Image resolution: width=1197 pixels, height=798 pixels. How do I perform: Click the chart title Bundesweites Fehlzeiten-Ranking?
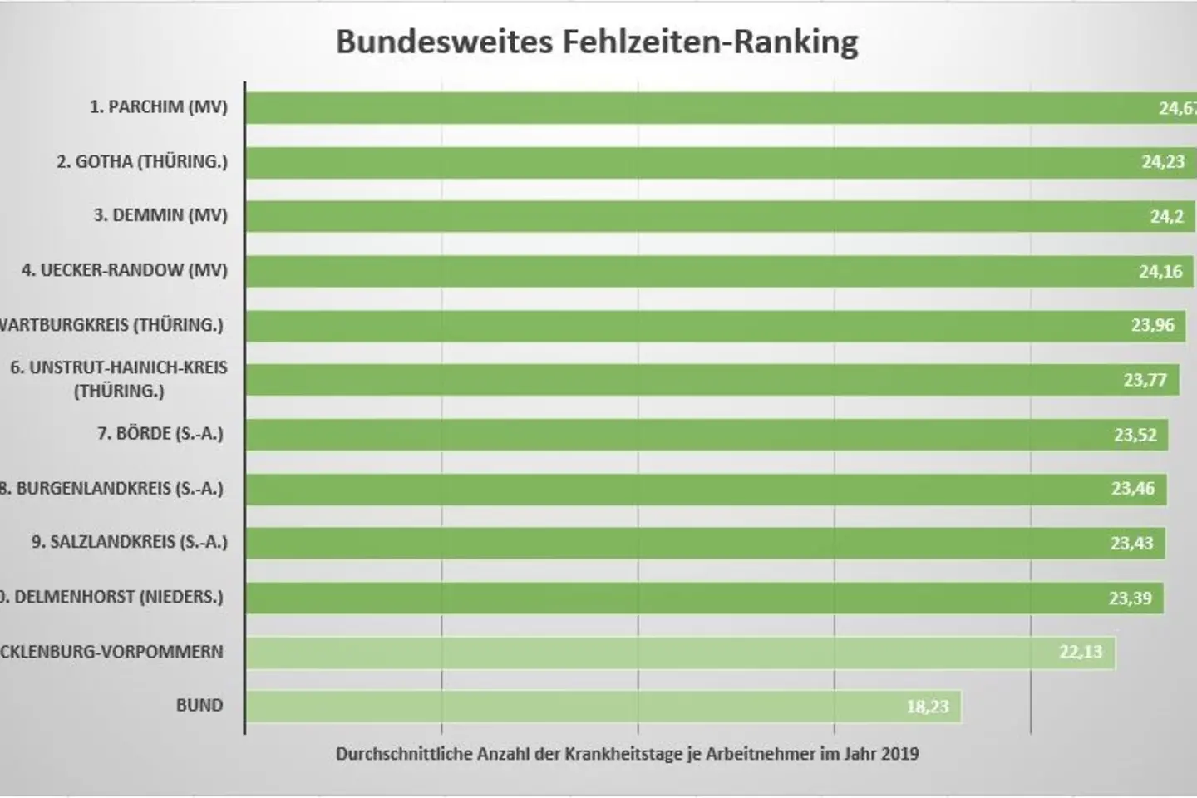[597, 42]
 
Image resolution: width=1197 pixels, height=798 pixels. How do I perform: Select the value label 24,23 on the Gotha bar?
[1162, 162]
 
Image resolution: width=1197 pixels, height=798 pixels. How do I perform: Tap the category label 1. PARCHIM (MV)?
[158, 107]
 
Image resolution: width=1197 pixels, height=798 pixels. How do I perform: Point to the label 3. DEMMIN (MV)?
[160, 215]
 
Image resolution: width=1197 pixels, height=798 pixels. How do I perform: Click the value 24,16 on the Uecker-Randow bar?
[1160, 272]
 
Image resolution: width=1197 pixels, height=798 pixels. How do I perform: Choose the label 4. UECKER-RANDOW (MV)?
[124, 270]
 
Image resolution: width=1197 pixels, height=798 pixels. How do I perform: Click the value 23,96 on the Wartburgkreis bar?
[1152, 325]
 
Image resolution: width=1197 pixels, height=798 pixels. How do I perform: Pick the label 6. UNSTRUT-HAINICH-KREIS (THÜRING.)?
[118, 378]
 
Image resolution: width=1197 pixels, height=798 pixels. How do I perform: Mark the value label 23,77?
[1145, 381]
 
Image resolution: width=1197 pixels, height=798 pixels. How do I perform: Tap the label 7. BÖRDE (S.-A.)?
[160, 433]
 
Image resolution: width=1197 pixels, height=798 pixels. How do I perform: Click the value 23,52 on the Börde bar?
[1135, 435]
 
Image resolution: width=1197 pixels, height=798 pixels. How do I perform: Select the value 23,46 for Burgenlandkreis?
[1132, 489]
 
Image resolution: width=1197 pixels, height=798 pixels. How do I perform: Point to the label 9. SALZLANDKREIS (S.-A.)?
[129, 542]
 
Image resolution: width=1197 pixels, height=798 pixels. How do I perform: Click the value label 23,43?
[1131, 544]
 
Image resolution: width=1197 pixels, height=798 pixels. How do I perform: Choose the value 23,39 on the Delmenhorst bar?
[1130, 598]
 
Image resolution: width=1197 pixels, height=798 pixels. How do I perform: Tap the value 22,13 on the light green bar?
[1080, 652]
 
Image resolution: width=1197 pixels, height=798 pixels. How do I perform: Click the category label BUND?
[199, 706]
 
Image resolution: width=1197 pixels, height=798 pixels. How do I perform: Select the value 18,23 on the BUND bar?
[927, 707]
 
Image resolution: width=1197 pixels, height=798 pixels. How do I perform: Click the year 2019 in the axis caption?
[899, 755]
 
